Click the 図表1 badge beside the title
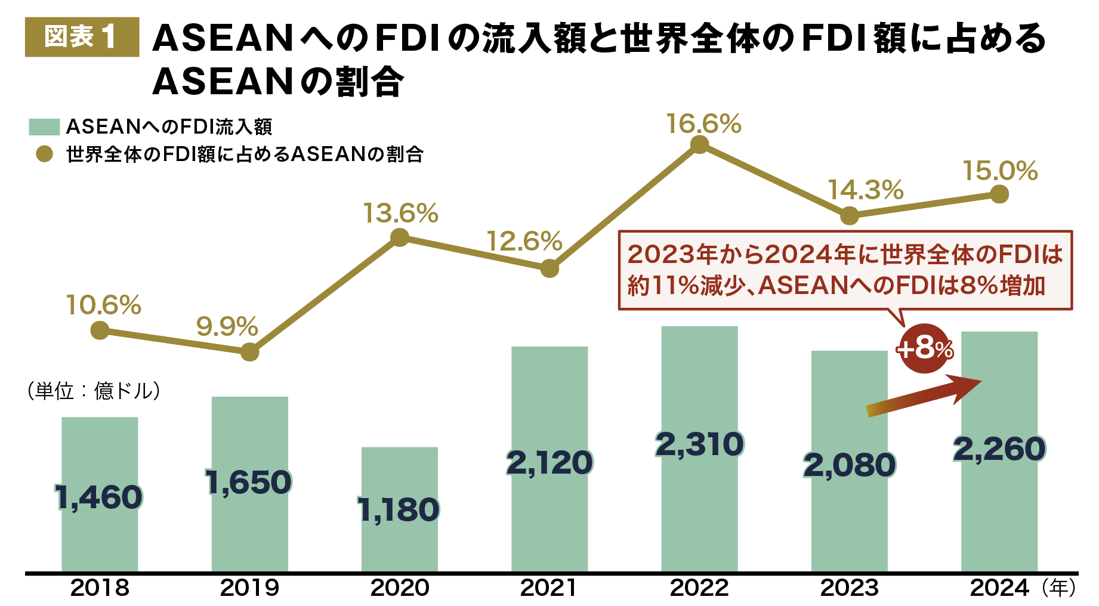click(82, 37)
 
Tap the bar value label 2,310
click(699, 444)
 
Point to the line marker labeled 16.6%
click(699, 145)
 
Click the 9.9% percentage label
click(227, 326)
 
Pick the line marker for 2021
click(549, 268)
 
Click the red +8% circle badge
click(924, 348)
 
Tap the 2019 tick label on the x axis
click(249, 588)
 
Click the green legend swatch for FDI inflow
click(44, 126)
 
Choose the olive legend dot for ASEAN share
click(44, 154)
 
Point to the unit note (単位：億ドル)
click(94, 391)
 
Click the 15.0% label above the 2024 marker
click(1000, 171)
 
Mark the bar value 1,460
click(99, 497)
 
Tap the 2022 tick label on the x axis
click(699, 588)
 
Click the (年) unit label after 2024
click(1060, 588)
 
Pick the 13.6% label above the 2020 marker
click(400, 214)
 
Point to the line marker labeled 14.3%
click(849, 216)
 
